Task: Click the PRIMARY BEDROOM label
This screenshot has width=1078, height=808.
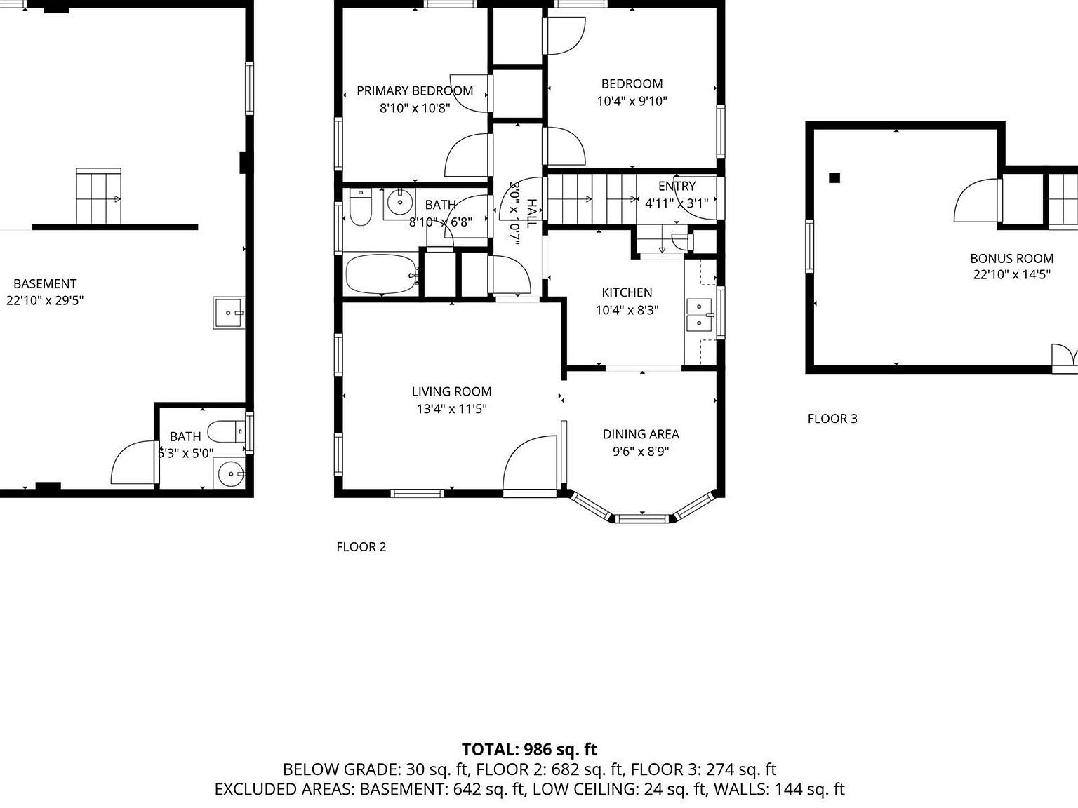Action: pyautogui.click(x=414, y=90)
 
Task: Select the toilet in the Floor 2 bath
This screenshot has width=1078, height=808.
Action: pyautogui.click(x=360, y=208)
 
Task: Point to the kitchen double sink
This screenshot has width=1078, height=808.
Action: pyautogui.click(x=699, y=314)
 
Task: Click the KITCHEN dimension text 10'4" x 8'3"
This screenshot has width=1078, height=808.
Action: pyautogui.click(x=627, y=310)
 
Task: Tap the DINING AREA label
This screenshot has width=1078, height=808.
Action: pyautogui.click(x=640, y=434)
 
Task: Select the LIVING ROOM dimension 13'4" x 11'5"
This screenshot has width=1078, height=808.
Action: pyautogui.click(x=451, y=409)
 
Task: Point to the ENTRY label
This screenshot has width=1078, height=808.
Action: pyautogui.click(x=677, y=186)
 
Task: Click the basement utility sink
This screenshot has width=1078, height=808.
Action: pyautogui.click(x=229, y=313)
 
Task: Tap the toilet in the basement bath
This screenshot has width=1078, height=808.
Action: pyautogui.click(x=227, y=429)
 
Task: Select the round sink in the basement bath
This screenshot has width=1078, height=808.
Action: pyautogui.click(x=229, y=474)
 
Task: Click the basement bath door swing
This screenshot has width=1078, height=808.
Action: pyautogui.click(x=133, y=463)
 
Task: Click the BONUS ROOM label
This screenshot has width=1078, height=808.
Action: pyautogui.click(x=1011, y=258)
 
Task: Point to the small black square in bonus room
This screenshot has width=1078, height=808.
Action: pyautogui.click(x=834, y=178)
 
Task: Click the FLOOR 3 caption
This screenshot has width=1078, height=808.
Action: pyautogui.click(x=832, y=419)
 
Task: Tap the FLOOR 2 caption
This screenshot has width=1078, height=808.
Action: pyautogui.click(x=361, y=547)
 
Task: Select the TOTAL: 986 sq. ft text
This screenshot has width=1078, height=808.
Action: pyautogui.click(x=529, y=749)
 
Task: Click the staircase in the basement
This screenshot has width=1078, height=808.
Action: pyautogui.click(x=98, y=196)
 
